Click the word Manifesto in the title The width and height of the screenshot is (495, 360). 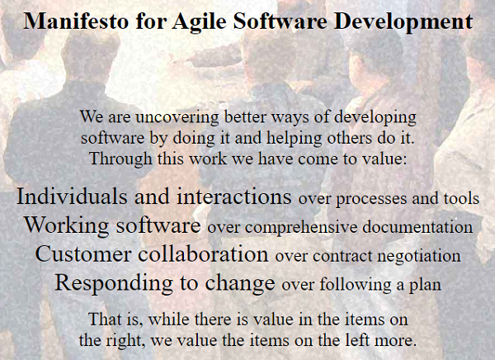tap(76, 21)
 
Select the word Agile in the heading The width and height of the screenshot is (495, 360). tap(199, 22)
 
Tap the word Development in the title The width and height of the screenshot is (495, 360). tap(403, 22)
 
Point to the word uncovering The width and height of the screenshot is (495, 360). tap(177, 117)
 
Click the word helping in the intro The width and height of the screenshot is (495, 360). tap(295, 138)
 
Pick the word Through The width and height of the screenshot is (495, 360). tap(121, 159)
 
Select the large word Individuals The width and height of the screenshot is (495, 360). tap(72, 196)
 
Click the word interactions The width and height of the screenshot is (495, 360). tap(234, 197)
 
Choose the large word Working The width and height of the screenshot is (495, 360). tap(67, 225)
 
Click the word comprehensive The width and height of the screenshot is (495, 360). tap(301, 227)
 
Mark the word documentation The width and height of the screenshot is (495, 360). tap(417, 226)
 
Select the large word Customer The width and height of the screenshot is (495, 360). tap(83, 253)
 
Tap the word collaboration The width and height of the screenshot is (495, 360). tap(203, 253)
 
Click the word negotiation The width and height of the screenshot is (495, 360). tap(419, 256)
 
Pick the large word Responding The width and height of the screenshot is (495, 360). tap(114, 283)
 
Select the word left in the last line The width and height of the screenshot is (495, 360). tap(357, 340)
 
